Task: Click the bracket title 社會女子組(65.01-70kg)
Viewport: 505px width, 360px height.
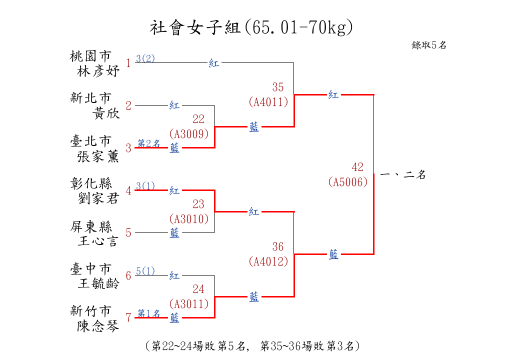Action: click(251, 27)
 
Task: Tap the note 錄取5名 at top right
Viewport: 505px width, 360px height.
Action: click(429, 45)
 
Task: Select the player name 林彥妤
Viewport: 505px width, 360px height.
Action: click(98, 71)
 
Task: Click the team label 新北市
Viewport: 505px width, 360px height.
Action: click(90, 98)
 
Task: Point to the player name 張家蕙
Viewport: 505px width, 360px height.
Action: click(98, 156)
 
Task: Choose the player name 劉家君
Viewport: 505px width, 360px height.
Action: click(98, 198)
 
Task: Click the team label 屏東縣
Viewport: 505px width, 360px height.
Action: click(91, 226)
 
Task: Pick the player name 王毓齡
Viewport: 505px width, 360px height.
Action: click(98, 283)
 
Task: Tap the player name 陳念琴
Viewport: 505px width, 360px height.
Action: click(98, 326)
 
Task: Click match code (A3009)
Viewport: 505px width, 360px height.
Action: click(189, 133)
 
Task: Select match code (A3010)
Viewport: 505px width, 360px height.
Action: click(189, 219)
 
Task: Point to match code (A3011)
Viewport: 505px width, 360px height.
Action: click(189, 303)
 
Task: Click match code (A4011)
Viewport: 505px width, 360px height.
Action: click(268, 102)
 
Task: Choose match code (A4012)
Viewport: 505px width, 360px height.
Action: click(268, 261)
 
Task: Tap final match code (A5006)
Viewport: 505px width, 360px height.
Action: click(348, 182)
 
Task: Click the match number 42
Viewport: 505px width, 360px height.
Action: click(357, 167)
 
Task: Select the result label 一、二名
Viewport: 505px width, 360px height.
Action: click(403, 175)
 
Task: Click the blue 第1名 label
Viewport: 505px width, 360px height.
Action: click(149, 313)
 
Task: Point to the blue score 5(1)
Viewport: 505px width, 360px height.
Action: click(145, 271)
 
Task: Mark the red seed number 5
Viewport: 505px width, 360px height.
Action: click(128, 232)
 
